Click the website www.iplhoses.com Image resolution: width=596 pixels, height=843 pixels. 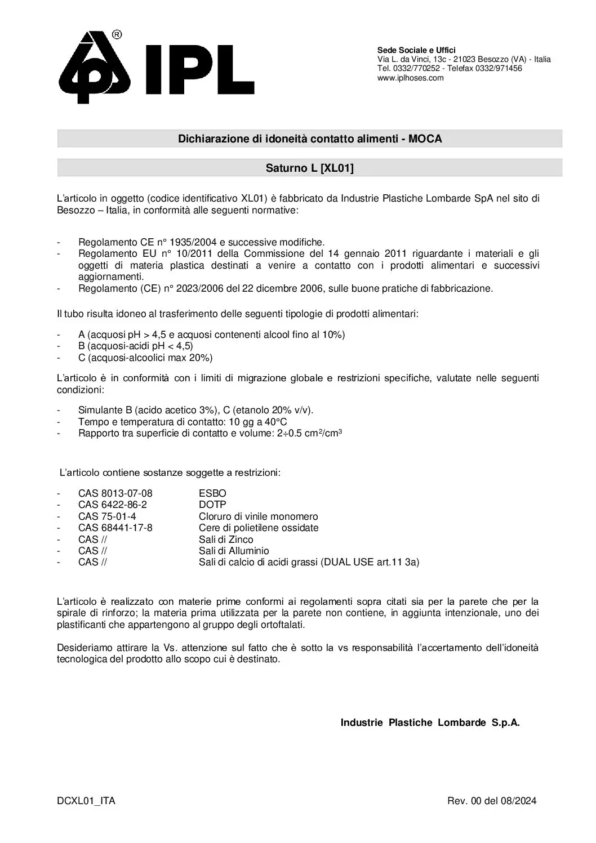(410, 78)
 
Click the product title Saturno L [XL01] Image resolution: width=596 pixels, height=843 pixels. (309, 168)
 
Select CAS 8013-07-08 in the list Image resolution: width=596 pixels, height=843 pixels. (115, 493)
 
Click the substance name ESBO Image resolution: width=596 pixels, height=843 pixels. (212, 493)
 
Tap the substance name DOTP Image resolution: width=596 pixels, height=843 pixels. (212, 505)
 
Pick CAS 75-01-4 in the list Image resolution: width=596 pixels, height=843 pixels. (107, 516)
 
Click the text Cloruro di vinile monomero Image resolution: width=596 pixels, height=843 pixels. (258, 516)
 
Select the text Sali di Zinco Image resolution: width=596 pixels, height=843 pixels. (226, 539)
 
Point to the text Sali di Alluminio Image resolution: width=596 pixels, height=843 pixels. (234, 551)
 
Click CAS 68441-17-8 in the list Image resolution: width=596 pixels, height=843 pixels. (115, 528)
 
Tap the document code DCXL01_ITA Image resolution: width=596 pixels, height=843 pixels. (86, 801)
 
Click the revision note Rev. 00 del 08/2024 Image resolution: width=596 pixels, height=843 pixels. (492, 801)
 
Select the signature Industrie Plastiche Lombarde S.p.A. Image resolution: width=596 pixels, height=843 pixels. (430, 723)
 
